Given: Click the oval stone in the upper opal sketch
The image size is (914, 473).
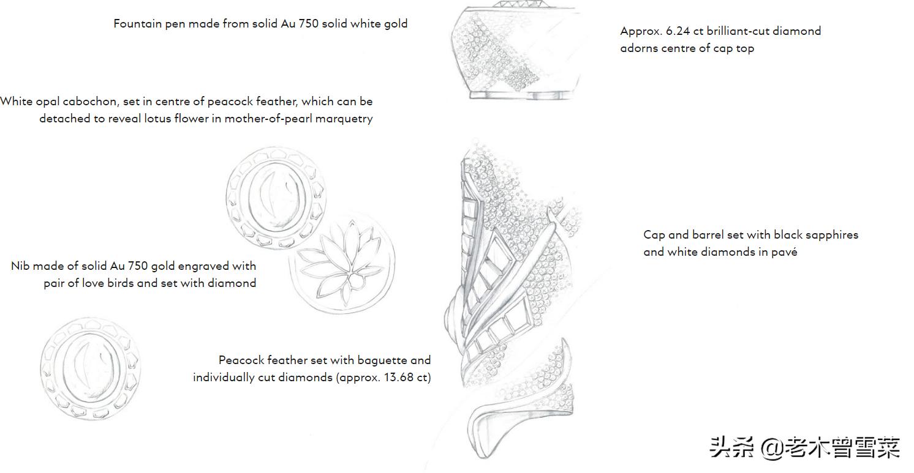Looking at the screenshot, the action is (276, 198).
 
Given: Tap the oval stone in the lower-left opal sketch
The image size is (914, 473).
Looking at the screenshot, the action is (91, 369).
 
